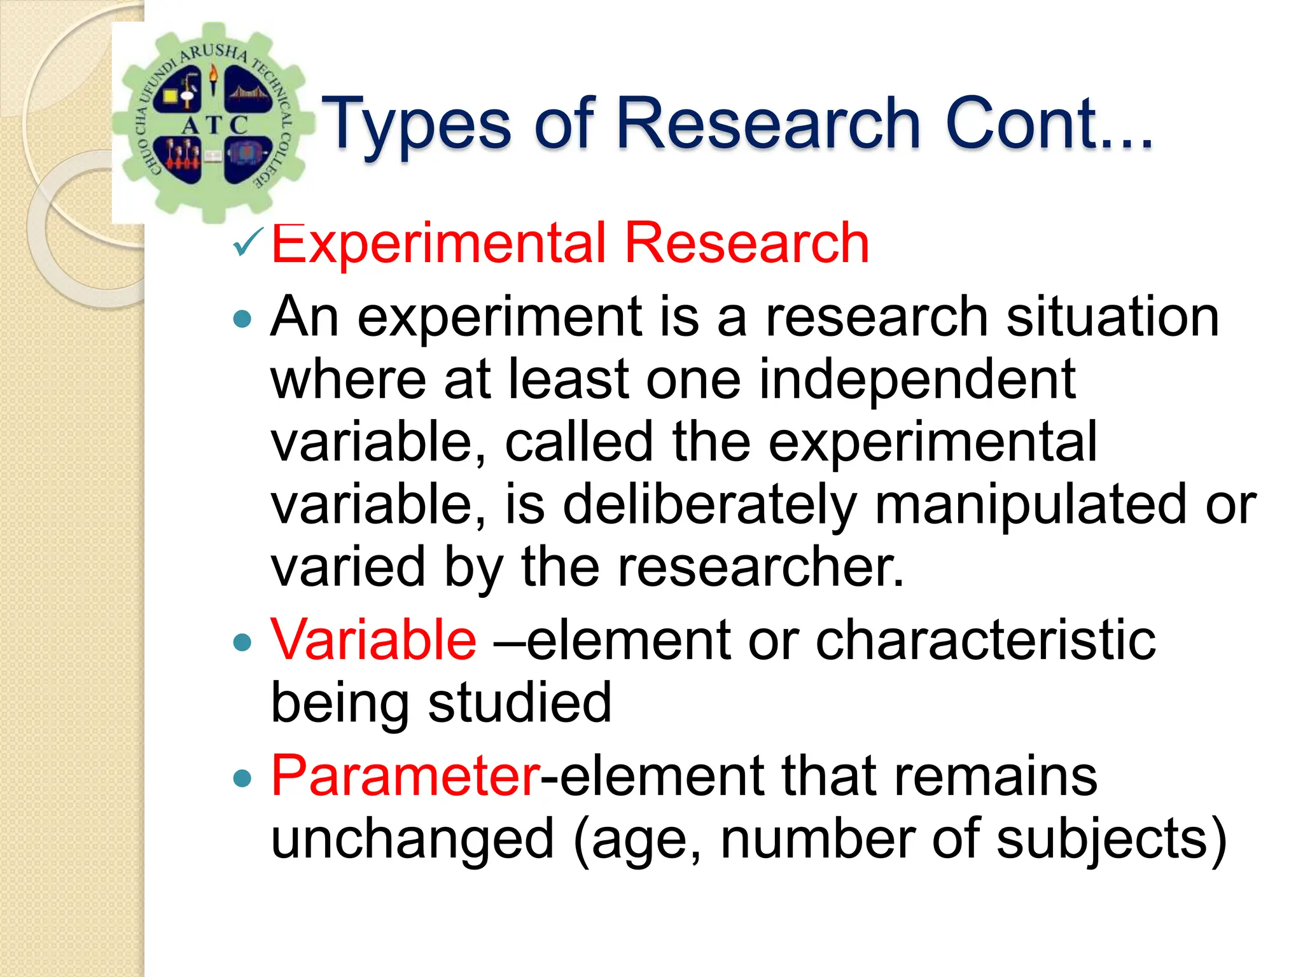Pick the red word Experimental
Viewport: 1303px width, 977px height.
tap(438, 244)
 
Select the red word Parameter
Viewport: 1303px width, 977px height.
tap(405, 775)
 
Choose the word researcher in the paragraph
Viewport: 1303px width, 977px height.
tap(760, 567)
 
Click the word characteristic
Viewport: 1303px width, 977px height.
tap(985, 640)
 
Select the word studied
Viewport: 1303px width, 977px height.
tap(519, 702)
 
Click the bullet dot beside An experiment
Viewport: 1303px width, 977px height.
tap(242, 319)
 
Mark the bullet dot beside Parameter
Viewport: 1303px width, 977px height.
tap(242, 778)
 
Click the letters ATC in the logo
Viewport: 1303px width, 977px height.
tap(214, 125)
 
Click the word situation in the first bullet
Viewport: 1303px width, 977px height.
tap(1112, 317)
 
